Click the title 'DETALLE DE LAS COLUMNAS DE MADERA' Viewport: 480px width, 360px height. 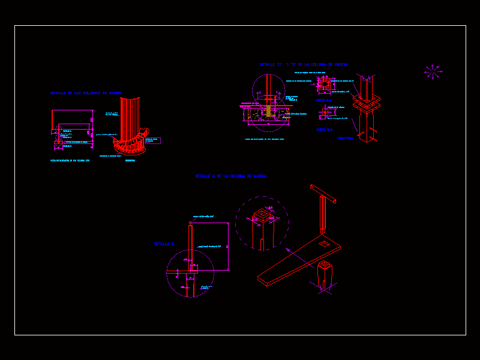coord(86,94)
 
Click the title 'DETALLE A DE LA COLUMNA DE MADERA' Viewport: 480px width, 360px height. coord(230,176)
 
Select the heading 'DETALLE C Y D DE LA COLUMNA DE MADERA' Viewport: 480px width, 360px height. coord(304,64)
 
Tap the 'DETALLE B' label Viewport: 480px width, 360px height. coord(164,244)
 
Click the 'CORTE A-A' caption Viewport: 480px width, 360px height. coord(324,100)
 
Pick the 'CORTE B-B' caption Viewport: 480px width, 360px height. coord(324,129)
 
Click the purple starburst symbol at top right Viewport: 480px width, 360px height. coord(433,72)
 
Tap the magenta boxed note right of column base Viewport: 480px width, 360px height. coord(152,140)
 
